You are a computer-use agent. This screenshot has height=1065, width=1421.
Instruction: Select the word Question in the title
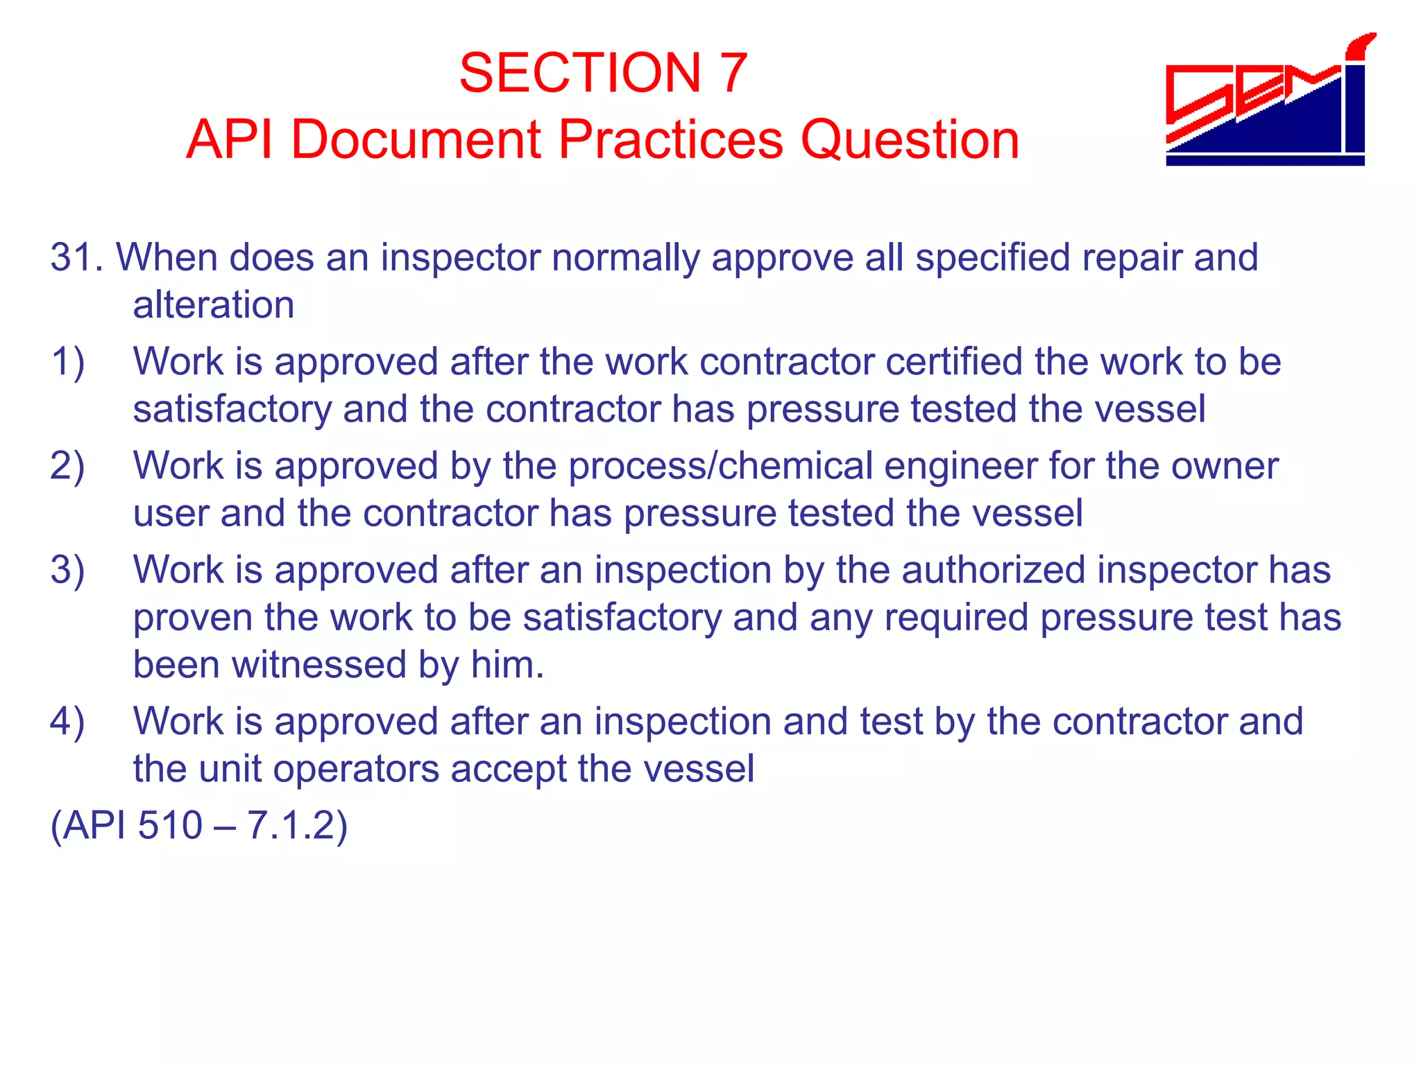[x=910, y=141]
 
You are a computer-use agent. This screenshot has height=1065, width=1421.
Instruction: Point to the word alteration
[x=214, y=305]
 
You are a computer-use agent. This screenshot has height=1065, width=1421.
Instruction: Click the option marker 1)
[x=67, y=362]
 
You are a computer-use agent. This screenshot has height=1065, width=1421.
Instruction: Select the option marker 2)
[x=67, y=466]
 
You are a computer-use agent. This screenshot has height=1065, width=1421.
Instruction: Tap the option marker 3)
[x=67, y=570]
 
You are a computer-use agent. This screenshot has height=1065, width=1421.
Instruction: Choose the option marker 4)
[x=67, y=721]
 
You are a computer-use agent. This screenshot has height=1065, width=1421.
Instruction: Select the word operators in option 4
[x=370, y=769]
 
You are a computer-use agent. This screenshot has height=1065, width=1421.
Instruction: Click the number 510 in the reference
[x=170, y=825]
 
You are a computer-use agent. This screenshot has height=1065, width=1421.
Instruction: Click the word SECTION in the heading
[x=580, y=73]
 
